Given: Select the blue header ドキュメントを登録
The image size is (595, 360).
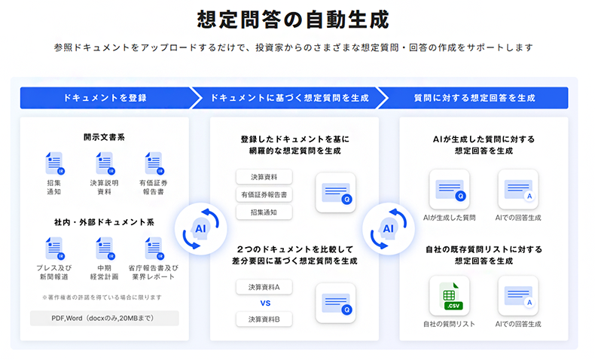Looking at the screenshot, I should [x=105, y=98].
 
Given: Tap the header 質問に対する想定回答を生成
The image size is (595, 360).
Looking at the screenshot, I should [x=474, y=98].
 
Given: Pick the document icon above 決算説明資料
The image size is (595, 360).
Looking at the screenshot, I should [x=104, y=163].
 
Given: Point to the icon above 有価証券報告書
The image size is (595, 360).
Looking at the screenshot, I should [x=154, y=163].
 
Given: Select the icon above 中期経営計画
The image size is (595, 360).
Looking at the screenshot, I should [x=104, y=248].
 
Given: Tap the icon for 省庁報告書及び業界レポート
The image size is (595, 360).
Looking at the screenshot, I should [x=154, y=248].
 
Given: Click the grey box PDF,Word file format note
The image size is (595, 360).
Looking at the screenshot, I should [x=105, y=318].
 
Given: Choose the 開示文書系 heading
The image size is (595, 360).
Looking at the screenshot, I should [x=104, y=137].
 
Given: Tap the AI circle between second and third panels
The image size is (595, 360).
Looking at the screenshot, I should [x=388, y=228].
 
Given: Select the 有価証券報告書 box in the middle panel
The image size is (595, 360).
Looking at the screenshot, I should [x=264, y=195].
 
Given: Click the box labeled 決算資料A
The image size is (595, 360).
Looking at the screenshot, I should [x=264, y=287].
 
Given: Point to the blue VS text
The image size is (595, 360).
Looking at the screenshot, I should [x=264, y=304].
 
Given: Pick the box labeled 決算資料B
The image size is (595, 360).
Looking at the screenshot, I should [x=264, y=320].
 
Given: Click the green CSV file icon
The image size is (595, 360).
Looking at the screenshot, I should [x=449, y=295].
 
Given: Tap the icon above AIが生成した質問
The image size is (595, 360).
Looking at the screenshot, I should [x=449, y=189].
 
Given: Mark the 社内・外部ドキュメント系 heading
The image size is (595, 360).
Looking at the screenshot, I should [x=104, y=222].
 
